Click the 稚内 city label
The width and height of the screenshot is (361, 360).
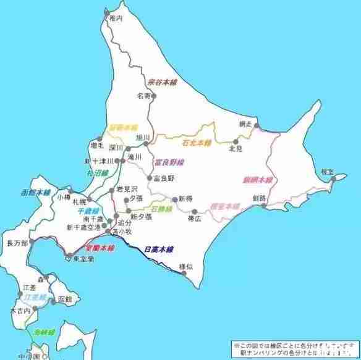(116, 19)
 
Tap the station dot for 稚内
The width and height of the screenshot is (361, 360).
(107, 13)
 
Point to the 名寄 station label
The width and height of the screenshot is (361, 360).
(144, 96)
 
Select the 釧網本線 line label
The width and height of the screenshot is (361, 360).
(257, 180)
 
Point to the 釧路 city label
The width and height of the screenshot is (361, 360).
(259, 198)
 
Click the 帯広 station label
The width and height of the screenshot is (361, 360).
(195, 219)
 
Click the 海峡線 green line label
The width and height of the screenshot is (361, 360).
(46, 333)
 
